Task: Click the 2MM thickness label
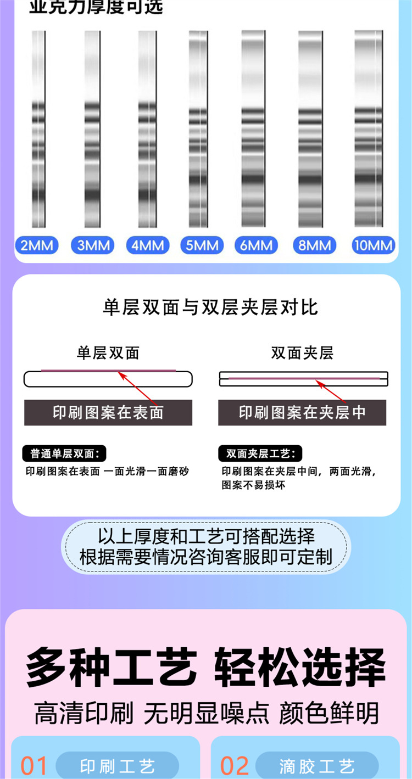click(x=37, y=245)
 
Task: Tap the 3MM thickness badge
click(x=93, y=245)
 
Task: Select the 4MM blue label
click(x=148, y=245)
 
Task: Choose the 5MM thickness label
click(x=202, y=245)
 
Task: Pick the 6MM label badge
click(x=257, y=245)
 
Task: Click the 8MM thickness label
click(x=315, y=245)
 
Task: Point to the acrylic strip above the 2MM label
click(x=38, y=129)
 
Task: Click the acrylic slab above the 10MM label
click(x=368, y=129)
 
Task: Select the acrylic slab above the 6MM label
click(x=253, y=129)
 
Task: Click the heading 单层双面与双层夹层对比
click(x=210, y=307)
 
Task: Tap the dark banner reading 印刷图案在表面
click(x=108, y=412)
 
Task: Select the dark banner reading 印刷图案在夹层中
click(x=302, y=412)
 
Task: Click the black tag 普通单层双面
click(x=64, y=453)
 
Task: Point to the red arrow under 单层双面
click(x=138, y=387)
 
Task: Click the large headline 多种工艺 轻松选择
click(x=206, y=668)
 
